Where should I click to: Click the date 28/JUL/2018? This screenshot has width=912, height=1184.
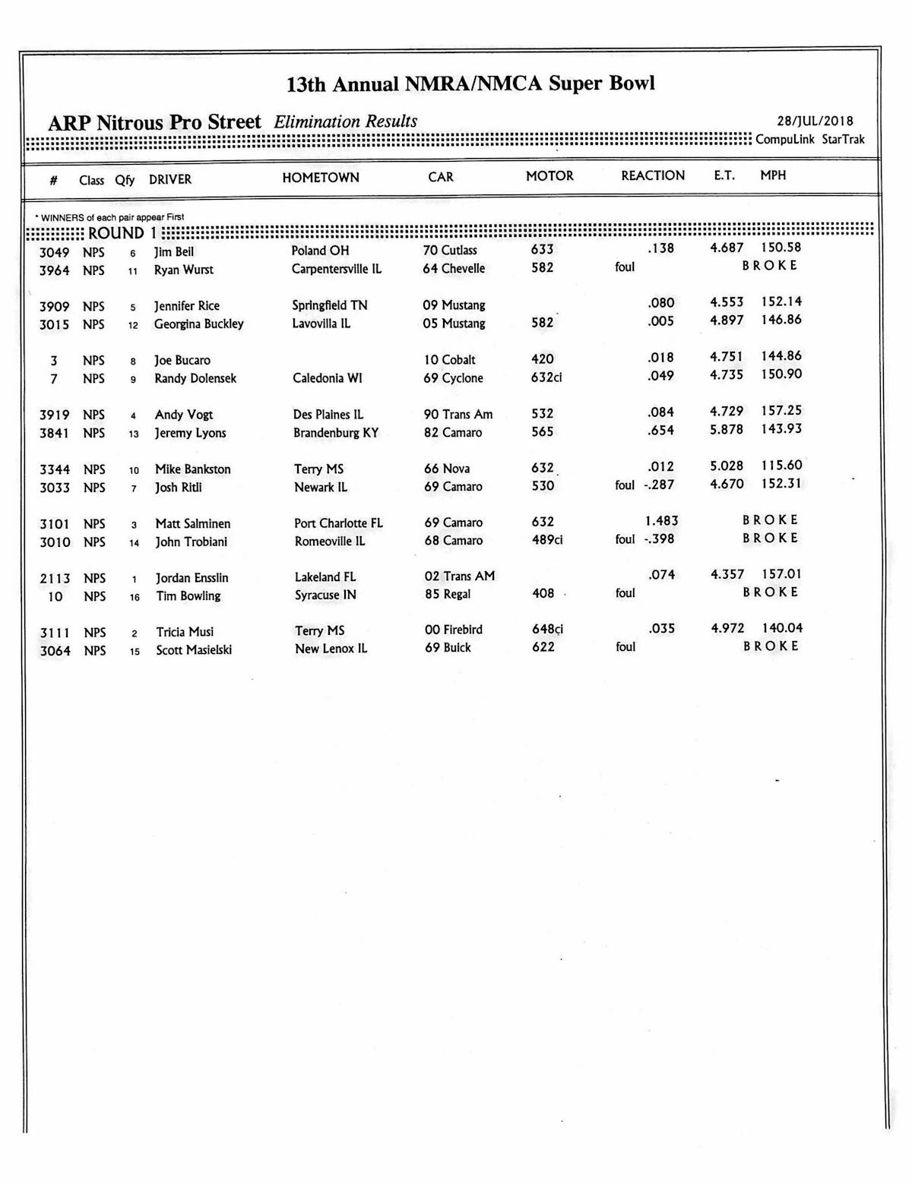click(x=815, y=122)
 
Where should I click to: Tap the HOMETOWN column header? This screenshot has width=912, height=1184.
click(x=321, y=178)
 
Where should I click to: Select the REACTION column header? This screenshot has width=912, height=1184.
click(x=653, y=175)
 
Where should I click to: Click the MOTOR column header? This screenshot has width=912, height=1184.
click(x=549, y=175)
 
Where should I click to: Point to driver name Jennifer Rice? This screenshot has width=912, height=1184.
click(x=187, y=306)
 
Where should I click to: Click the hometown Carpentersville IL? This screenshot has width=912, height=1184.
click(x=337, y=269)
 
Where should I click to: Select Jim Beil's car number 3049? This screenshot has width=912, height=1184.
click(x=54, y=252)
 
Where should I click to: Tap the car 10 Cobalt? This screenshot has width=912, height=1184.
click(x=450, y=360)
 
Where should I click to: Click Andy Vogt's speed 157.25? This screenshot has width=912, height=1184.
click(x=781, y=411)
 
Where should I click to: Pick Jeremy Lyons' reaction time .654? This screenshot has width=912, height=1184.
click(x=660, y=430)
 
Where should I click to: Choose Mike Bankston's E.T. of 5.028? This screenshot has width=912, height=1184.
click(x=727, y=466)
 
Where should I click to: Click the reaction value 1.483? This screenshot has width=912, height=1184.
click(x=661, y=521)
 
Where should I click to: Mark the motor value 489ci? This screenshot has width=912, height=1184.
click(x=547, y=540)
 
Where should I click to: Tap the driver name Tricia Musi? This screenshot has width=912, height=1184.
click(x=185, y=632)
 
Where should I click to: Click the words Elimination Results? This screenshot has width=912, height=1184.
click(x=346, y=122)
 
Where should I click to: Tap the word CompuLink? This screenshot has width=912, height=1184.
click(x=785, y=140)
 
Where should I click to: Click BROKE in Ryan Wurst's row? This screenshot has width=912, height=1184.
click(x=770, y=266)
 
